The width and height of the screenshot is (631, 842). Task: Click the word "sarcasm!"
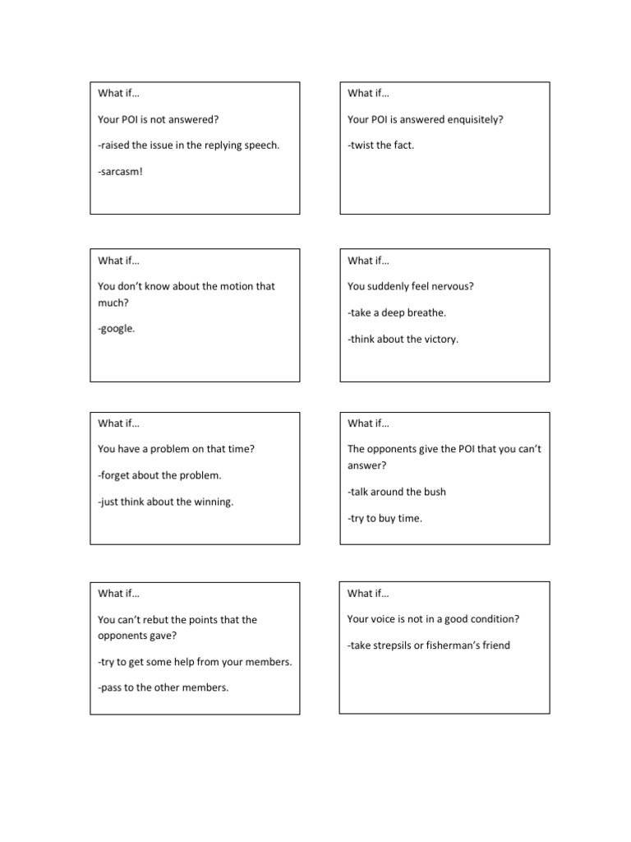point(121,172)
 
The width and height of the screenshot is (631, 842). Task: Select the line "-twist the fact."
point(381,146)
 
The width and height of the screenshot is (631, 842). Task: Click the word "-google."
point(117,329)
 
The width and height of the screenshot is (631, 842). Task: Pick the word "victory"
point(439,339)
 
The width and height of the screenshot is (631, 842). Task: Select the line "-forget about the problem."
point(159,475)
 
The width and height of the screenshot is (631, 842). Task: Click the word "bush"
point(435,492)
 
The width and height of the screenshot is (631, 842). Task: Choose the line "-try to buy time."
point(385,518)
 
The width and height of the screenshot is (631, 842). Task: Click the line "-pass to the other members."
point(163,687)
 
